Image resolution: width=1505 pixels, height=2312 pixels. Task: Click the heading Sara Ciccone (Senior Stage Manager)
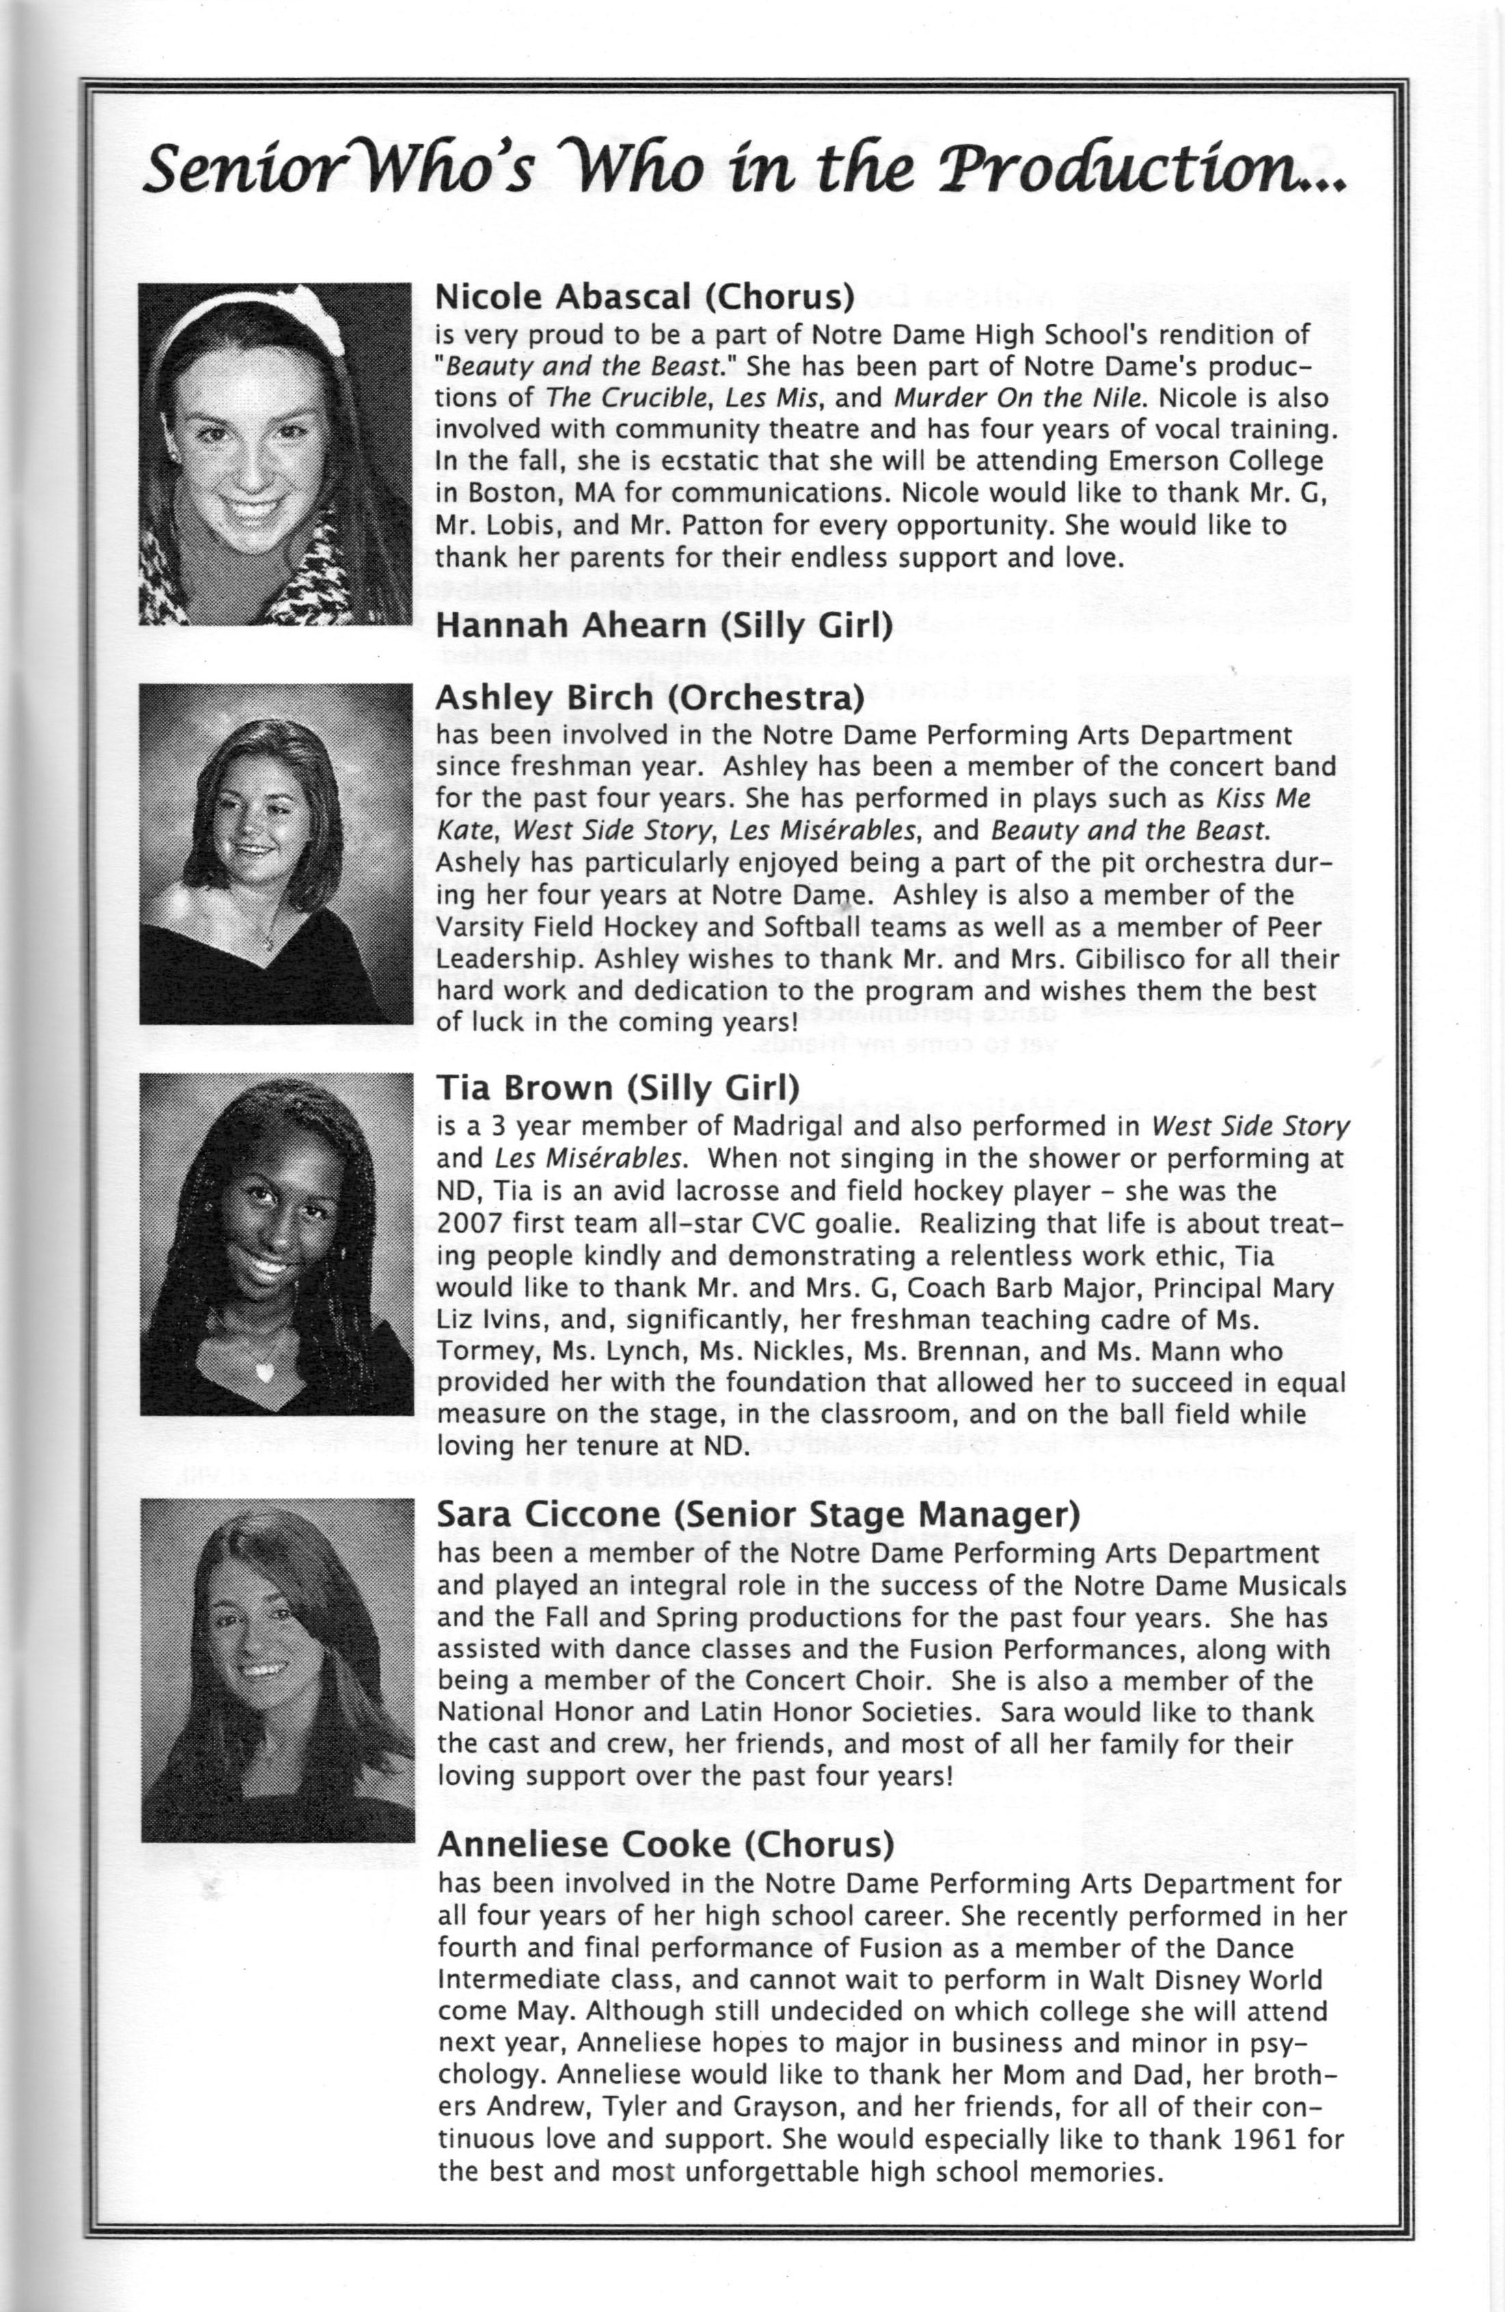pyautogui.click(x=758, y=1515)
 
